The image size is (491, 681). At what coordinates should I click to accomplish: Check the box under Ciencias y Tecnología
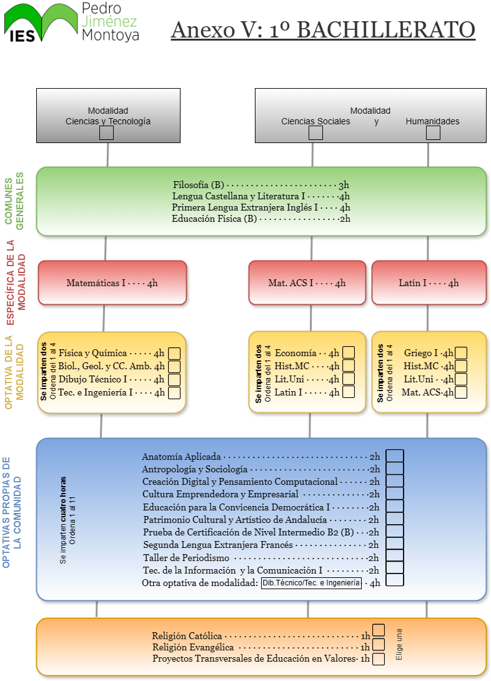106,133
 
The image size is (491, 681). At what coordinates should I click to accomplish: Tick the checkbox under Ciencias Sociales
315,133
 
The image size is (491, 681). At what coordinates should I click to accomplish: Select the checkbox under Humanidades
433,133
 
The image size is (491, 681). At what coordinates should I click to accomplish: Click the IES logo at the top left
41,23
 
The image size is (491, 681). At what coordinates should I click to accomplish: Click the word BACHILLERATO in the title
386,30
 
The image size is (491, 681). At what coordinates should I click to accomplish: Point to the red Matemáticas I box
112,283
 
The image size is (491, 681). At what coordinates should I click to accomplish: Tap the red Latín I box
429,283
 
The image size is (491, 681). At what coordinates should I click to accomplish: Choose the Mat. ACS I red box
307,283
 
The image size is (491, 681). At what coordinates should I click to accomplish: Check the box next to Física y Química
174,353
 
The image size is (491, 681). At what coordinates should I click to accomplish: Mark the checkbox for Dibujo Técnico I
174,380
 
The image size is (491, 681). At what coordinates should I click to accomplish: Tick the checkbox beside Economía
349,352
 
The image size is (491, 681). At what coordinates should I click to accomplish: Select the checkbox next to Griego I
461,352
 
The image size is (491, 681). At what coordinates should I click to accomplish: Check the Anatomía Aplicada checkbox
395,455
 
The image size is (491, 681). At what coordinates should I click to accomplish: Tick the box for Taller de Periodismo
395,555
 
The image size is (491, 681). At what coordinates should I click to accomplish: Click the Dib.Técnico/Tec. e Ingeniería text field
311,583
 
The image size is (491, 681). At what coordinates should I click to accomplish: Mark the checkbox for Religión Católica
379,630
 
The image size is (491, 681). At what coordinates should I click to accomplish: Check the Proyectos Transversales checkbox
379,659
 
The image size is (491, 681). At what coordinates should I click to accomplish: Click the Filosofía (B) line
261,185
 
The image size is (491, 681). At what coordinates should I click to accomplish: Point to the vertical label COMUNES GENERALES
14,201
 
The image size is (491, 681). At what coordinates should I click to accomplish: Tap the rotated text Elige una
399,645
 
